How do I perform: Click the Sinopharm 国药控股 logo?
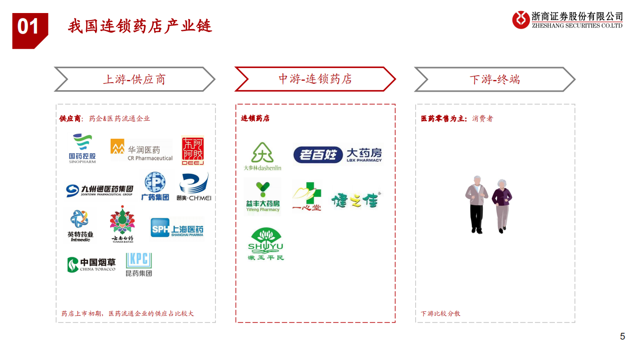[x=83, y=149]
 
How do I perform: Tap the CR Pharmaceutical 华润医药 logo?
[x=141, y=150]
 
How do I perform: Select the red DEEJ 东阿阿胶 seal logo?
[x=193, y=150]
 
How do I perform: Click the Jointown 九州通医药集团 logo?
[x=100, y=190]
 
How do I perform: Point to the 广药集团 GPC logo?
[x=155, y=186]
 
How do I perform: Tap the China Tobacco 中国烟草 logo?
[x=92, y=264]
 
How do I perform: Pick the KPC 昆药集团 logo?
[x=139, y=264]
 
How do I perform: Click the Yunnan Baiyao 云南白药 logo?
[x=122, y=224]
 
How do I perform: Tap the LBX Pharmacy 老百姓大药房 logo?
[x=337, y=154]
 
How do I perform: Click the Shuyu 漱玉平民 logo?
[x=266, y=244]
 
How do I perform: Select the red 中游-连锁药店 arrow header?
[x=315, y=79]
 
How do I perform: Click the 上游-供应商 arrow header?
[x=134, y=79]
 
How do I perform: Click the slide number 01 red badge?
[x=29, y=28]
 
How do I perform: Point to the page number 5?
[x=622, y=336]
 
